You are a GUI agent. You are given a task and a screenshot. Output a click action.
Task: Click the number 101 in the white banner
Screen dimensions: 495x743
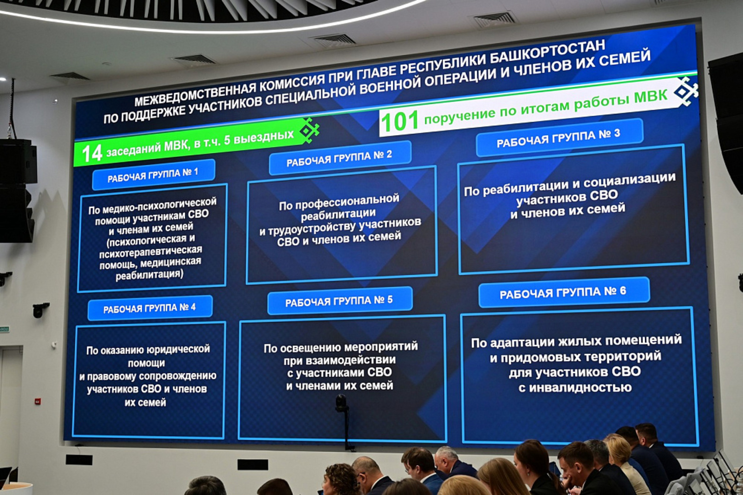400,122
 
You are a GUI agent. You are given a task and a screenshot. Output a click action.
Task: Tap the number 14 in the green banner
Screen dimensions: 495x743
91,153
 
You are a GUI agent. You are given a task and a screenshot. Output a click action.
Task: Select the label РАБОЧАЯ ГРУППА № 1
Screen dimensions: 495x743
153,175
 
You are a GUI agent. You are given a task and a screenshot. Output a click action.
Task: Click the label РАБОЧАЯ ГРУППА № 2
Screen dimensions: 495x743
339,158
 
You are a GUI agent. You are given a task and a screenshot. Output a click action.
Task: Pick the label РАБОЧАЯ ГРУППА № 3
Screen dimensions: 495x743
558,138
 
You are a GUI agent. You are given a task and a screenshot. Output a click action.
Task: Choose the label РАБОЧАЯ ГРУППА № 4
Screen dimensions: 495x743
149,308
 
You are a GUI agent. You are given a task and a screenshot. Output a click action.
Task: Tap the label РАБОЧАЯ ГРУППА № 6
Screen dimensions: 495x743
563,292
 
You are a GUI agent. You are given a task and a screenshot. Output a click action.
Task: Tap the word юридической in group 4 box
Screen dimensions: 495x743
178,349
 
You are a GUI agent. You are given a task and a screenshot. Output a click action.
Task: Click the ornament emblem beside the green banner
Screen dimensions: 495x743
310,130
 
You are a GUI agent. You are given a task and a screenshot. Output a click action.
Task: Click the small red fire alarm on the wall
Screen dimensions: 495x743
38,401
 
